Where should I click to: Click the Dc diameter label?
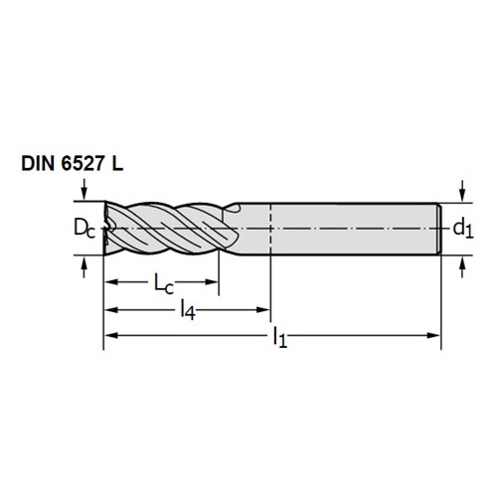pos(84,229)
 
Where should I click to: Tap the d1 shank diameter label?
pos(463,229)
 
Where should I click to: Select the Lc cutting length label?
pos(164,284)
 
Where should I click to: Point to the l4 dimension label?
pos(188,310)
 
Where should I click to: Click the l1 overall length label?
pos(280,337)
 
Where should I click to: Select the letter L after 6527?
pos(117,164)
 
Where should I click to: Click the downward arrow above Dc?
pos(84,190)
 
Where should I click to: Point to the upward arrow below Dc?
pos(84,267)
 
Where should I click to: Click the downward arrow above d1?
pos(463,191)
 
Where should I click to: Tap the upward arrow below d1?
pos(463,267)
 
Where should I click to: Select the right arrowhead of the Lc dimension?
pos(211,282)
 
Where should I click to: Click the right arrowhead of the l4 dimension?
pos(263,310)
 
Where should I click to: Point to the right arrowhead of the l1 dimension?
pos(433,335)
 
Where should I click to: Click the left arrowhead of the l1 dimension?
pos(111,335)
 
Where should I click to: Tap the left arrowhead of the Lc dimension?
pos(111,282)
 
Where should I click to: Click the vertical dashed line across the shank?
pos(271,229)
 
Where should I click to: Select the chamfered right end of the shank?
pos(438,229)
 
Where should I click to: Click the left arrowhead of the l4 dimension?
pos(111,310)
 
